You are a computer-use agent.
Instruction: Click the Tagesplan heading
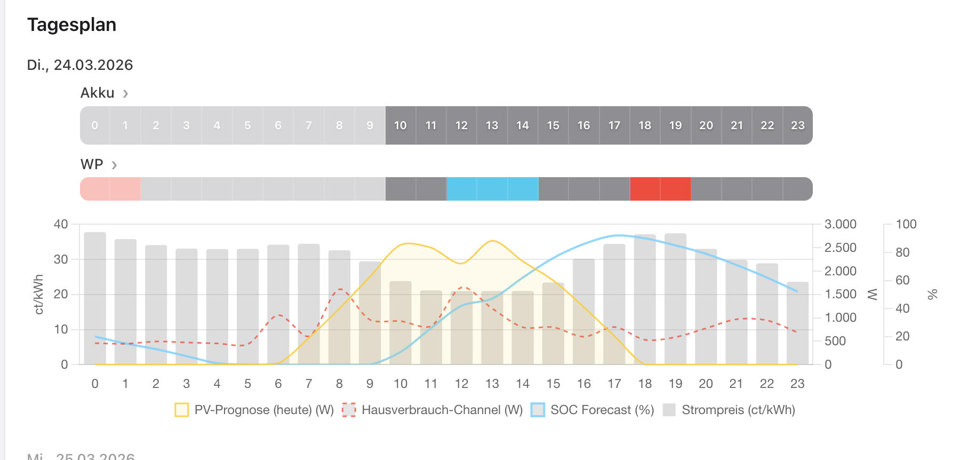tap(71, 25)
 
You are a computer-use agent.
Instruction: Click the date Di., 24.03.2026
tap(80, 65)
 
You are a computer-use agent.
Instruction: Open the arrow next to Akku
tap(125, 94)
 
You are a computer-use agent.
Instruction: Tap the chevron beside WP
tap(114, 165)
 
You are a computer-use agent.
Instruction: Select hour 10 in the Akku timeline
tap(400, 125)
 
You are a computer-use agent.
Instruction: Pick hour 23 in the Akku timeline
tap(797, 125)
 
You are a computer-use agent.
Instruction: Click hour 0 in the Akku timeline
tap(95, 125)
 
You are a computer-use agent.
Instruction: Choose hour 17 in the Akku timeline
tap(614, 125)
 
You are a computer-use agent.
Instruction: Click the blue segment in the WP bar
tap(492, 189)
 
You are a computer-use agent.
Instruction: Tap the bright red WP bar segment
tap(660, 189)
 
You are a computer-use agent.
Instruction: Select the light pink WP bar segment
tap(110, 189)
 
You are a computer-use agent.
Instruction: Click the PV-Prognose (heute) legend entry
tap(254, 410)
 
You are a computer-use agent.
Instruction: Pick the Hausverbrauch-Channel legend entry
tap(433, 410)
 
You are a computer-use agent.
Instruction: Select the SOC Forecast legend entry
tap(593, 410)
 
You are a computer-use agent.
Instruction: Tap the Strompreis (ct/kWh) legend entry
tap(729, 410)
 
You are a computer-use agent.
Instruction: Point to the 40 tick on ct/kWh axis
tap(61, 224)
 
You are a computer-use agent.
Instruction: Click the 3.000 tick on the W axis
tap(840, 224)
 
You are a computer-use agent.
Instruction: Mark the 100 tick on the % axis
tap(906, 224)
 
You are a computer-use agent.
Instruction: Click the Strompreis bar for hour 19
tap(675, 299)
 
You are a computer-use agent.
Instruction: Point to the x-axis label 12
tap(461, 384)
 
